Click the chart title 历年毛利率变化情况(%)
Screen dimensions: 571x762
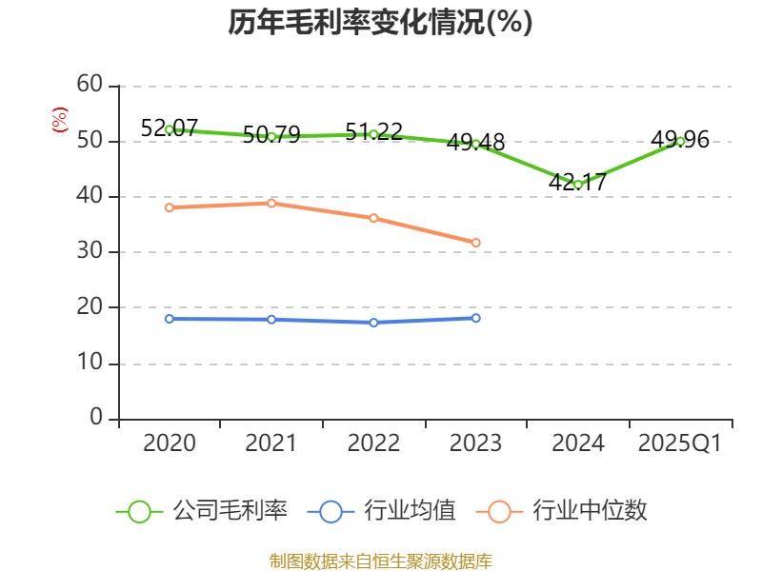[380, 22]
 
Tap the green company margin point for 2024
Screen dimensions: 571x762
[577, 185]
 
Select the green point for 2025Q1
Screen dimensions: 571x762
[680, 141]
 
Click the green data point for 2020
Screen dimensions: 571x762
[170, 129]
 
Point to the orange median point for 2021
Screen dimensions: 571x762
[271, 203]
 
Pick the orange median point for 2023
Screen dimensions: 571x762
[475, 243]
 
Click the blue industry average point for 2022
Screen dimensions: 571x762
[373, 323]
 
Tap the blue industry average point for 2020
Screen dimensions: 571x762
[170, 319]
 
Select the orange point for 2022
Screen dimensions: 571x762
[373, 218]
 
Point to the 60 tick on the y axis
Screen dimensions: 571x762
[90, 86]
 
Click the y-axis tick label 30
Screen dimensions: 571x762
[90, 252]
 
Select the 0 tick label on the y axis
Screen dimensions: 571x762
[96, 419]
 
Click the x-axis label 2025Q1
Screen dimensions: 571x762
[680, 443]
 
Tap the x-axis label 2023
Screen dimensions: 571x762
[475, 443]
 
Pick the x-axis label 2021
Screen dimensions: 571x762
[271, 443]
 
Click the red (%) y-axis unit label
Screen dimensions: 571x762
[60, 121]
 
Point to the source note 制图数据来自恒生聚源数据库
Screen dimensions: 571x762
[380, 561]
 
